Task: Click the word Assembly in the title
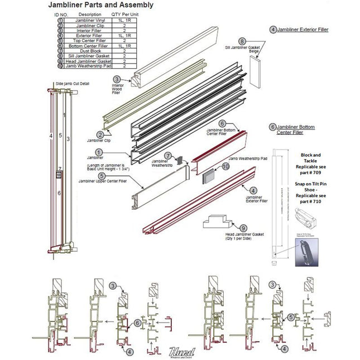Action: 133,6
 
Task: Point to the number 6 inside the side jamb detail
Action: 59,193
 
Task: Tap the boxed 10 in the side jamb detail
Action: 58,174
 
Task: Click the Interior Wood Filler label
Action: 116,89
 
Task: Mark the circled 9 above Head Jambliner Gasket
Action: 243,228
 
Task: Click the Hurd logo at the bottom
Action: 180,351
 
